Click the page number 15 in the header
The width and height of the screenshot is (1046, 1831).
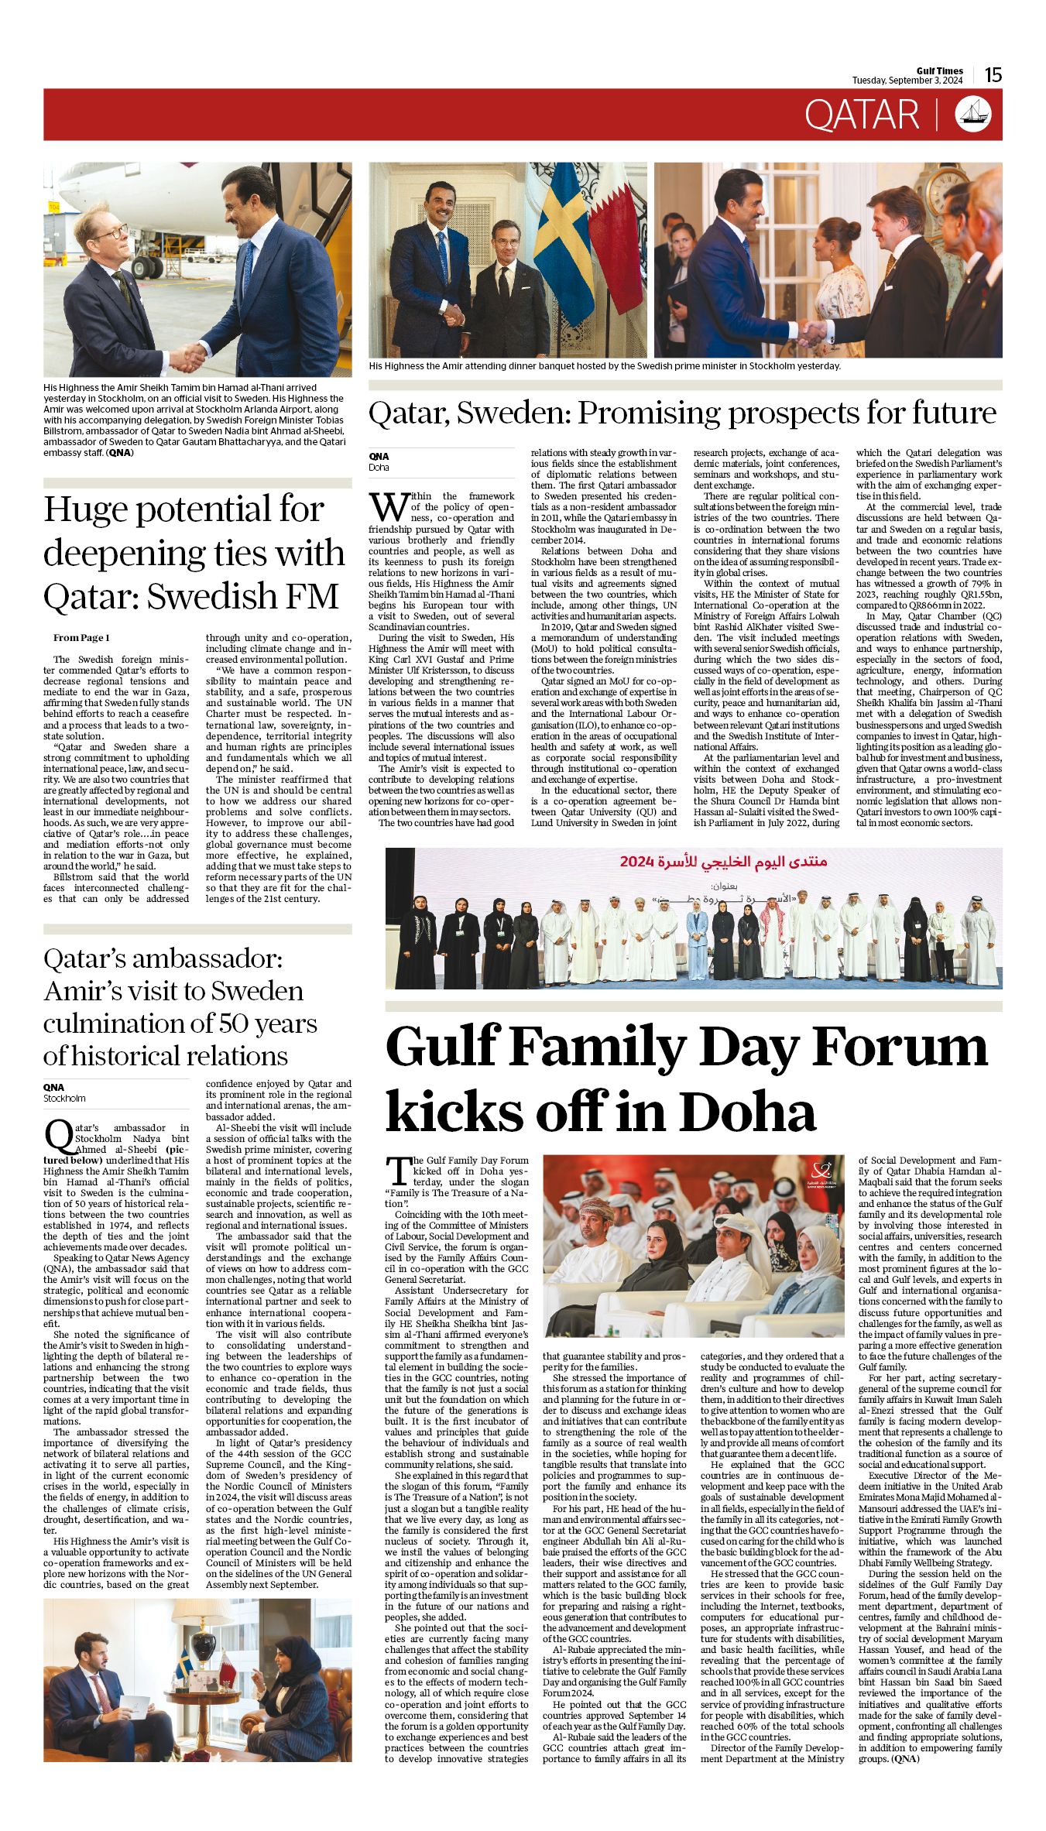993,74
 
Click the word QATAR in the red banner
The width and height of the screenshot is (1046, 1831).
861,115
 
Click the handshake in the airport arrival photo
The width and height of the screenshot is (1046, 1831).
187,357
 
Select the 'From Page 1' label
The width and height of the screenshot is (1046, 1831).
81,637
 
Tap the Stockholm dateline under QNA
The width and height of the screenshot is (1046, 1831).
64,1098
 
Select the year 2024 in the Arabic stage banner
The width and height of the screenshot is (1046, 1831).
637,861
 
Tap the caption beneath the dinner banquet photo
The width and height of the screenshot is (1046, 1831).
604,366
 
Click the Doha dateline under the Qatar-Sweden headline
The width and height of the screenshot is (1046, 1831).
379,468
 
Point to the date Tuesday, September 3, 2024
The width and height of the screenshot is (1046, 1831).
907,81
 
